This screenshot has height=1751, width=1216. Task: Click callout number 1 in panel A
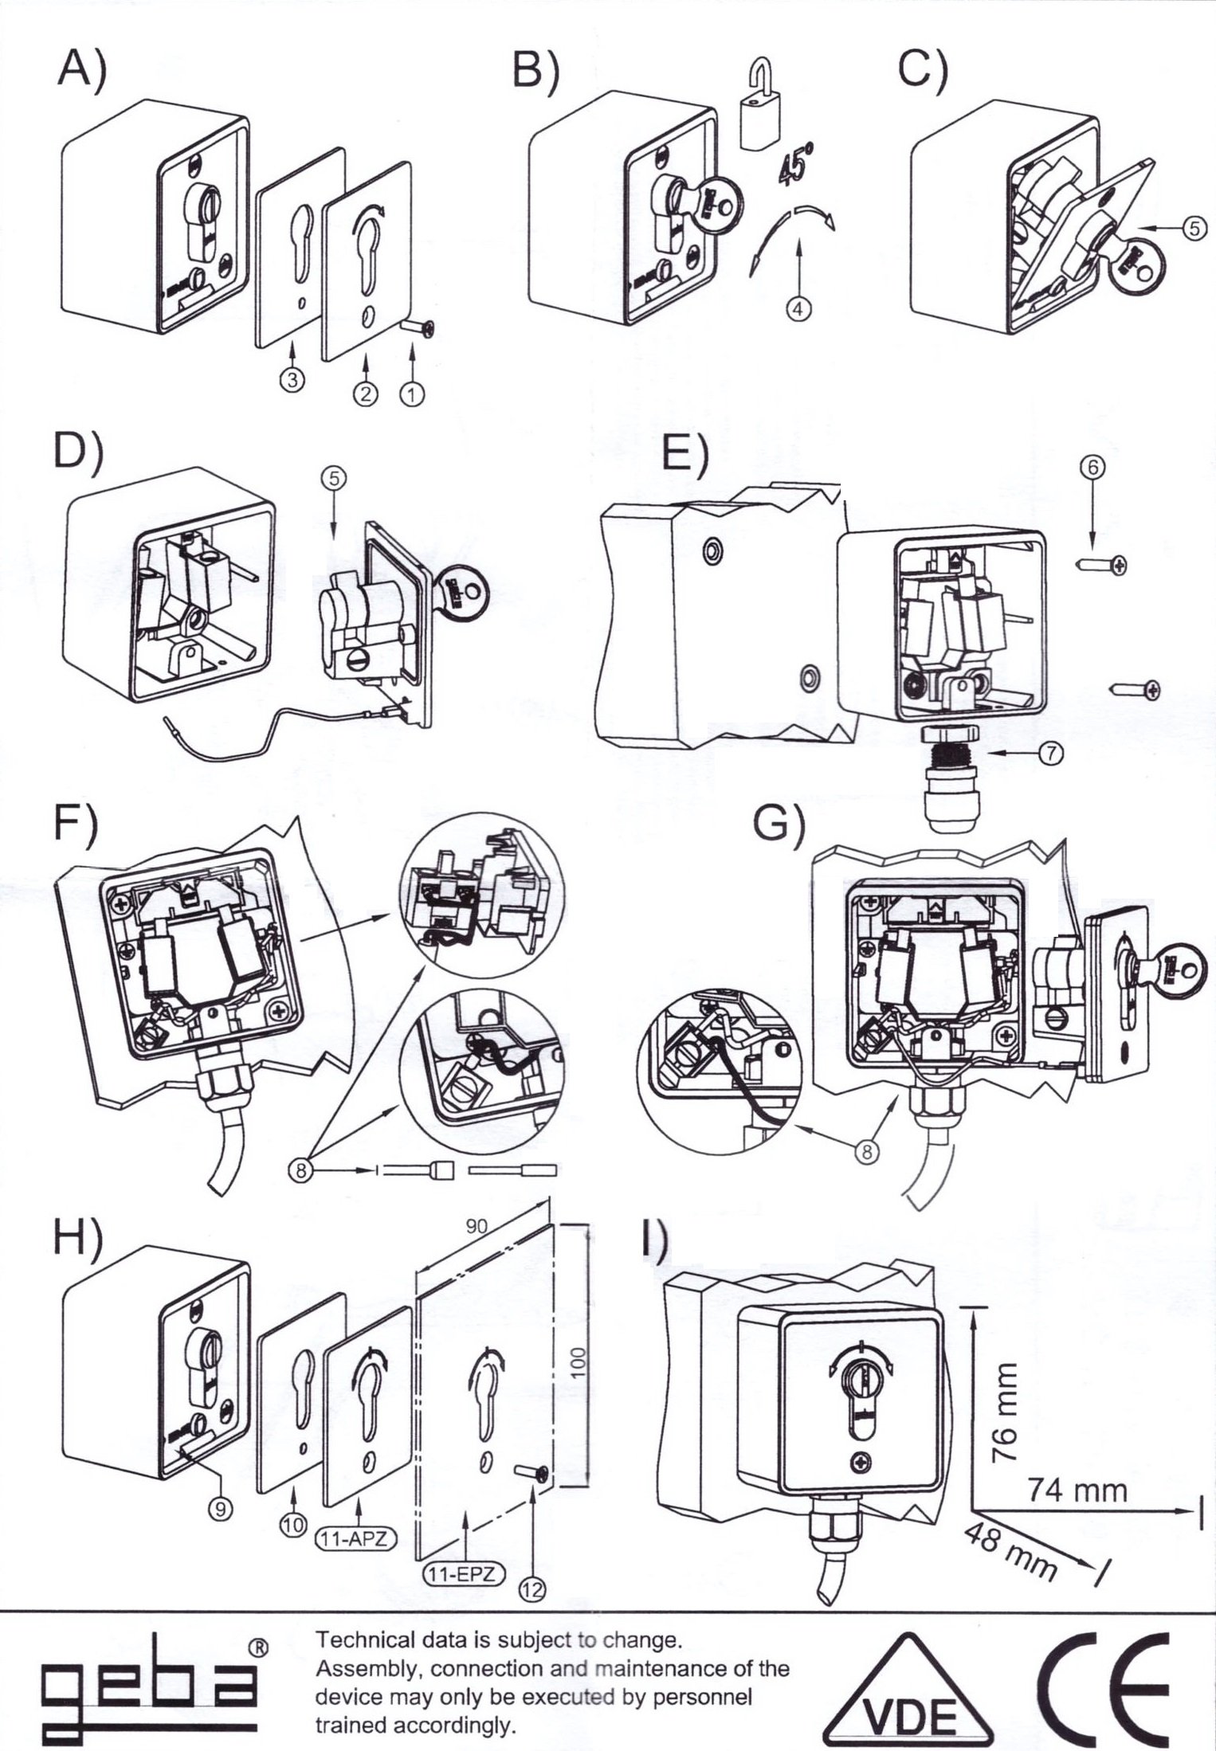coord(413,394)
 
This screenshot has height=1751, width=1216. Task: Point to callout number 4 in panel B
coord(798,308)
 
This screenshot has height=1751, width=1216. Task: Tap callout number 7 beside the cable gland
coord(1051,753)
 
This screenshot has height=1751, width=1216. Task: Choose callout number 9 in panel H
coord(221,1508)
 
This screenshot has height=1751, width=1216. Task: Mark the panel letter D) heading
coord(78,452)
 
